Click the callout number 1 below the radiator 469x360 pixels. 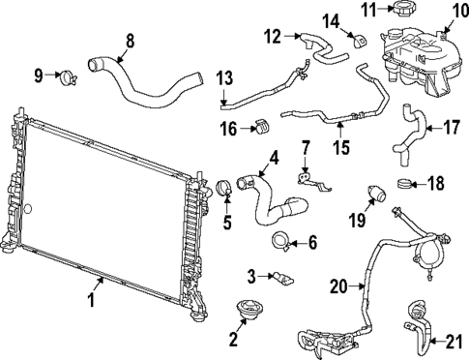(93, 300)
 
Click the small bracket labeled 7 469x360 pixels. (306, 178)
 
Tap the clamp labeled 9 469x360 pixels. (67, 74)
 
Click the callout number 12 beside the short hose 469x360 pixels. (273, 37)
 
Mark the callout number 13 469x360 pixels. (224, 77)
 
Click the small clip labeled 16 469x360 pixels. (259, 127)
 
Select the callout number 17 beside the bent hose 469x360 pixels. (452, 128)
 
